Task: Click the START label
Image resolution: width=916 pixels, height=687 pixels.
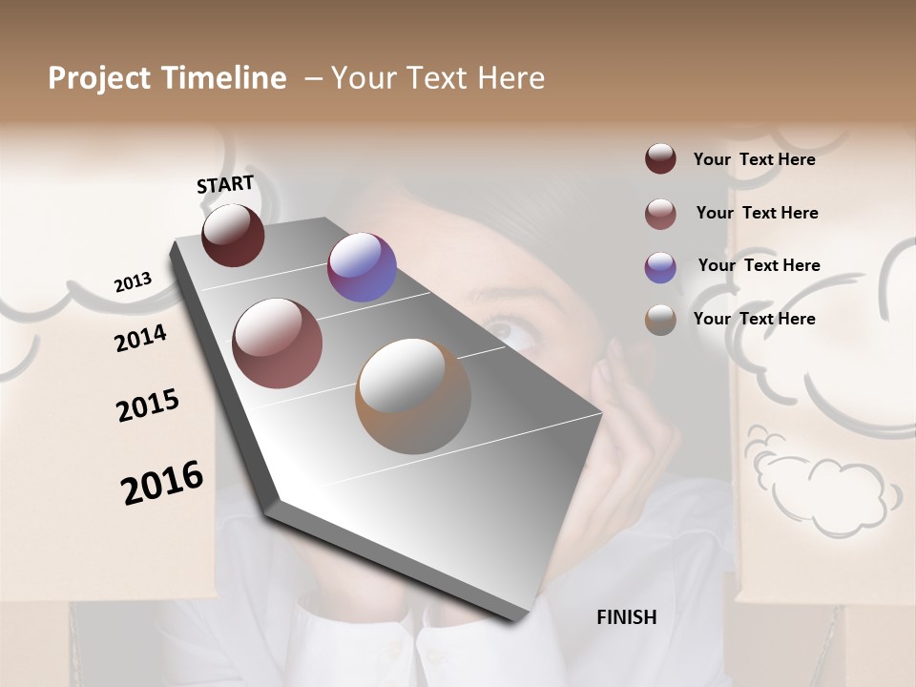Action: point(225,184)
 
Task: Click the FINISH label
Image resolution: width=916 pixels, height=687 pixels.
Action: point(626,617)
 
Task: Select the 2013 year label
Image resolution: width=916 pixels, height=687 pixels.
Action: point(133,282)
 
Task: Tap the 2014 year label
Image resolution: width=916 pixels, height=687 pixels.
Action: point(140,338)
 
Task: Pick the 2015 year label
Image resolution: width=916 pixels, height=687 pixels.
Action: point(148,406)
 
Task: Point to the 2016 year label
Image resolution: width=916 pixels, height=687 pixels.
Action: point(162,482)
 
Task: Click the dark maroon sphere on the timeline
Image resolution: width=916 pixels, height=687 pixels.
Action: point(233,235)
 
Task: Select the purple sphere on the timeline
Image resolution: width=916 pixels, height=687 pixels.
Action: point(362,267)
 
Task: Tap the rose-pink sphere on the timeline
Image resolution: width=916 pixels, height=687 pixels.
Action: point(278,343)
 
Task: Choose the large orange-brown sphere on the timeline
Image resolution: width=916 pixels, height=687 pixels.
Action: point(413,396)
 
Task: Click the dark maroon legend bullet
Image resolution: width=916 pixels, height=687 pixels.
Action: point(660,159)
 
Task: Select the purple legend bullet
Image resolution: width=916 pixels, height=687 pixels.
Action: point(660,266)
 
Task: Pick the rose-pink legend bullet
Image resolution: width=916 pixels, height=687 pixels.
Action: point(660,213)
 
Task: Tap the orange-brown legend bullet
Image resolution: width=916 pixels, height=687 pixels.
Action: point(660,319)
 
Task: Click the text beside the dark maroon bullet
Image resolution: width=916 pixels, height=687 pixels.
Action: point(754,159)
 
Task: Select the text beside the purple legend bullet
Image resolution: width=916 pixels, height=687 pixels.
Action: point(759,265)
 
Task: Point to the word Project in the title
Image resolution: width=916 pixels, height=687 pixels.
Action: point(100,78)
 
